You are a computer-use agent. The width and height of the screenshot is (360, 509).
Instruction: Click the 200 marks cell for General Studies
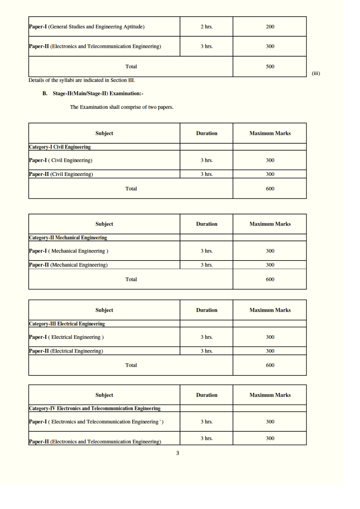270,27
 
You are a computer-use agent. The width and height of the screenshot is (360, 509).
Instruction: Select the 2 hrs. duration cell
206,27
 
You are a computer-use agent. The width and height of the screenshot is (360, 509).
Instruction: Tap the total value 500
270,67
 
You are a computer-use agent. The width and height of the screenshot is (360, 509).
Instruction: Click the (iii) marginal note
316,73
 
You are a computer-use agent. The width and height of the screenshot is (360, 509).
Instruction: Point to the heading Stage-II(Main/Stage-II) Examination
98,94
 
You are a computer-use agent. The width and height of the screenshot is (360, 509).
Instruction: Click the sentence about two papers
122,107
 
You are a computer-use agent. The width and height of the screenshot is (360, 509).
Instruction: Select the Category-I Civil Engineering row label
60,147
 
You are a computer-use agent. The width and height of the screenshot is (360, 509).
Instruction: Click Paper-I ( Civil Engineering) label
61,160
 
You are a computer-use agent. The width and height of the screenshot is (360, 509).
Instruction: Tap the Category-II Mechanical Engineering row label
68,238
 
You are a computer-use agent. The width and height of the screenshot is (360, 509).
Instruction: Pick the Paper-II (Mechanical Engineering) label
68,265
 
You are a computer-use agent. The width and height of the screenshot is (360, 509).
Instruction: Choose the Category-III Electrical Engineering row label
67,324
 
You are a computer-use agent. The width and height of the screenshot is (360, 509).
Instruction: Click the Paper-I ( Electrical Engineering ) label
66,337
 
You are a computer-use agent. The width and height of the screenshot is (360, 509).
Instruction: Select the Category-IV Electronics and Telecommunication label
95,409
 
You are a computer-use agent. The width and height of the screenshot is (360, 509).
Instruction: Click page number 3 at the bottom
177,453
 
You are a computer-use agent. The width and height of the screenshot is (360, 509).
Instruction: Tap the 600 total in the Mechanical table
270,279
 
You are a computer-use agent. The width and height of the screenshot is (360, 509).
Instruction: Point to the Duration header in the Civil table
206,134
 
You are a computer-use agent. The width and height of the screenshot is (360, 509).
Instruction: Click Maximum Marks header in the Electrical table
270,310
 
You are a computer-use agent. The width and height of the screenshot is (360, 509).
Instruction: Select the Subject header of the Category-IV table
104,395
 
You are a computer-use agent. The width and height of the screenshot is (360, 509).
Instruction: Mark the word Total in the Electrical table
131,365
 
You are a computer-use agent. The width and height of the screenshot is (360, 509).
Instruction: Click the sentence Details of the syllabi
82,80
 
